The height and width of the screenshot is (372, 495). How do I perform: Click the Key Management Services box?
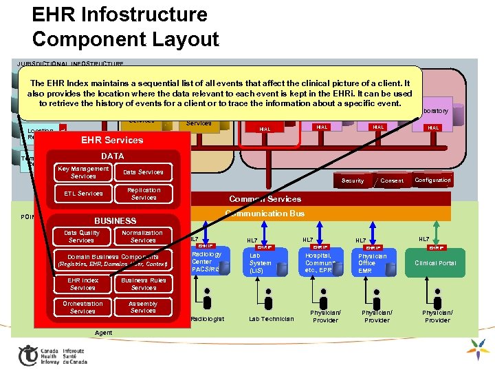(82, 172)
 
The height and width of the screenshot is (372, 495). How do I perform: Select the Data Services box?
(143, 172)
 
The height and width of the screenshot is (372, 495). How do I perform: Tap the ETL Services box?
(82, 194)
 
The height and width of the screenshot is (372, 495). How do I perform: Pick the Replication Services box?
(143, 194)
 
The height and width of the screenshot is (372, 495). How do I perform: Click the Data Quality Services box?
(82, 236)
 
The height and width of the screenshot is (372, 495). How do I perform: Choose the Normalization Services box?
(143, 236)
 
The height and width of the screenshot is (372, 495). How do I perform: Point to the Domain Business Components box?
(113, 260)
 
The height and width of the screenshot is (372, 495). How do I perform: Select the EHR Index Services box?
(82, 284)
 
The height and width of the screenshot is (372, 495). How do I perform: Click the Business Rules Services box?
(143, 284)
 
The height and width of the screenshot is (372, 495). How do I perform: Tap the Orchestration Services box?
(82, 307)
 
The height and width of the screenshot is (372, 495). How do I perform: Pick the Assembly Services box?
(143, 307)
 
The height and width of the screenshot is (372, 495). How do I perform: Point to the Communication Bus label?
(265, 214)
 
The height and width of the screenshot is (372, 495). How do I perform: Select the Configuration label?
(432, 180)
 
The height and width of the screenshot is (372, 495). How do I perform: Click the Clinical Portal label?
(435, 263)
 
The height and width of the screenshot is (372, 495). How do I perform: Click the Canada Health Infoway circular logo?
(27, 355)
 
